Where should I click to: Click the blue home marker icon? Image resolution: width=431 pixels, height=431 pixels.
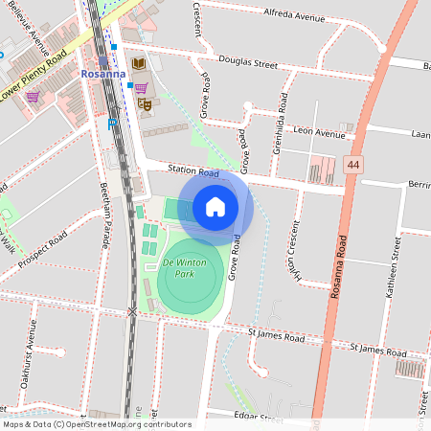215,206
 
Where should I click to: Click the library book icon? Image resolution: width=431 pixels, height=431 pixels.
139,64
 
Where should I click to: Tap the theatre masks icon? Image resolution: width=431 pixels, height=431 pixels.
145,103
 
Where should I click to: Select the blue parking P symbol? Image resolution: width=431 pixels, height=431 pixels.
113,123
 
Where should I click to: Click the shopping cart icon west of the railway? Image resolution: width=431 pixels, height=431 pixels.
33,96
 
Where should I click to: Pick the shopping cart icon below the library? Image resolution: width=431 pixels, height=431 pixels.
141,87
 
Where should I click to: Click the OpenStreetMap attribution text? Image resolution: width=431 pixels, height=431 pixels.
96,424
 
